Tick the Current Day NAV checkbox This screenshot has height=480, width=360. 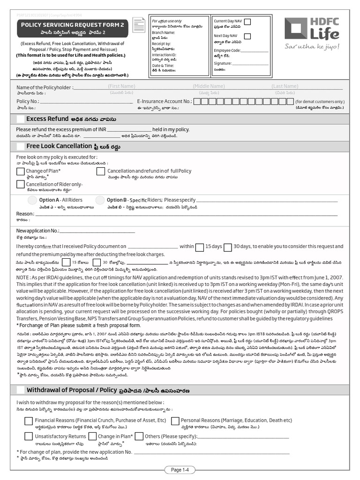247,22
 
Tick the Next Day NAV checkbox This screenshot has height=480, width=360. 247,36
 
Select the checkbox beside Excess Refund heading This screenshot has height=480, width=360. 21,119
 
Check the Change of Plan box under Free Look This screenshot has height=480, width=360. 21,172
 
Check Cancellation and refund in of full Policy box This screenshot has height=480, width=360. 100,172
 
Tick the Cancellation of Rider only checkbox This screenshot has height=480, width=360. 21,185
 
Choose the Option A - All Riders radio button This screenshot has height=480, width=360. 32,200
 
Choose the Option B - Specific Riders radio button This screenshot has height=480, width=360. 99,200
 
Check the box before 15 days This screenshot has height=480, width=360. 199,247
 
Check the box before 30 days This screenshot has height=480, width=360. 228,247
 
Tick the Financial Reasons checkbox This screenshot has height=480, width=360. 29,421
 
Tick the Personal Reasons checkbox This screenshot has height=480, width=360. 175,421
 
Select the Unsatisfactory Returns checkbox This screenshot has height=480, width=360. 29,436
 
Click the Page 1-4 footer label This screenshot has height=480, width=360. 180,470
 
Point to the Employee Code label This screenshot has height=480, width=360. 227,50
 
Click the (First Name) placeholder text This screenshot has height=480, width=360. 121,86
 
